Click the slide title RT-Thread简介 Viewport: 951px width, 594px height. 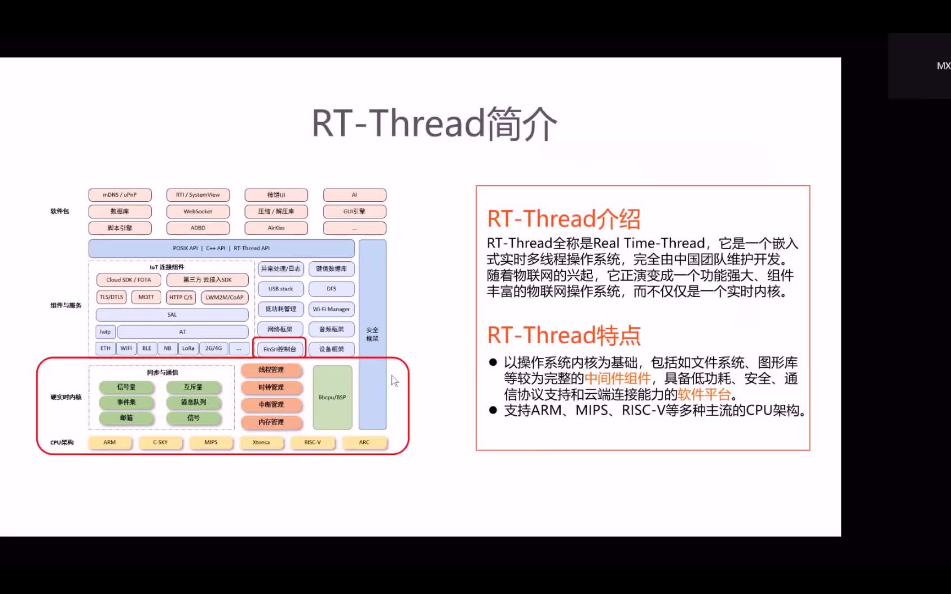point(434,123)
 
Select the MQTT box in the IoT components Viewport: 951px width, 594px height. point(146,297)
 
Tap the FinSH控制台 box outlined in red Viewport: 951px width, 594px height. point(280,349)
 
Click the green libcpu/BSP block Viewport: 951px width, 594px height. point(332,397)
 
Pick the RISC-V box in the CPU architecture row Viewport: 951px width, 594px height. point(312,442)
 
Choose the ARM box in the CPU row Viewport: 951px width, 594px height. point(110,442)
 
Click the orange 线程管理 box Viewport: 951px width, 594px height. point(271,370)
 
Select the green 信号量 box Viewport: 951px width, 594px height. point(126,387)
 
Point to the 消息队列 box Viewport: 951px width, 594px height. point(193,402)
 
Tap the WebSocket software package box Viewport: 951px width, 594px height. point(198,211)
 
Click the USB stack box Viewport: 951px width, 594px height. point(281,289)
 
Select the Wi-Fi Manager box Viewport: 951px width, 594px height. point(331,309)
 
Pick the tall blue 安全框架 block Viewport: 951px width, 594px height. point(373,334)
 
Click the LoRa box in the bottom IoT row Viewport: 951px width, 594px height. point(188,348)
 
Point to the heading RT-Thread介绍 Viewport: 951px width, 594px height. point(564,219)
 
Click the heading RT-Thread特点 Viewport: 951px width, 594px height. point(564,335)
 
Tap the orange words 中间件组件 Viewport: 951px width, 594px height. point(617,378)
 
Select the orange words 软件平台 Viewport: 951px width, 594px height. point(704,394)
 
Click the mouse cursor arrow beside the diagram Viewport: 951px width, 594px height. point(394,381)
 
